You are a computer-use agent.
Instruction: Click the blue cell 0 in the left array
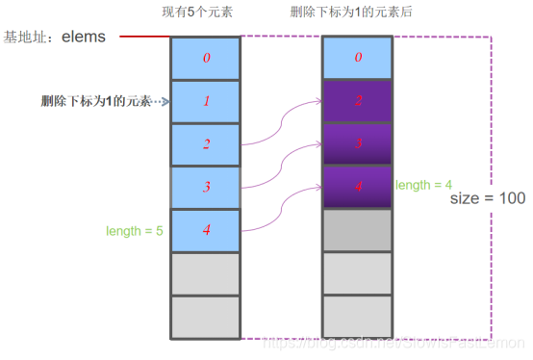(x=205, y=58)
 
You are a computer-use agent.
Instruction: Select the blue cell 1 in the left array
(x=205, y=101)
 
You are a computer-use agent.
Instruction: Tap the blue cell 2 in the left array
(x=205, y=144)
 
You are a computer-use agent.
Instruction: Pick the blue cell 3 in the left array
(x=205, y=188)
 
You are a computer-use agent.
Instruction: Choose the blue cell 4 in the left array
(x=205, y=231)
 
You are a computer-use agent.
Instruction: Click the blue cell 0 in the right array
(x=358, y=58)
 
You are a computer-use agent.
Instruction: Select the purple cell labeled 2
(x=358, y=101)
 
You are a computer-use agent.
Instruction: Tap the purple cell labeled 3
(x=358, y=144)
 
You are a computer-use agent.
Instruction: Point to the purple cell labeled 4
(x=358, y=188)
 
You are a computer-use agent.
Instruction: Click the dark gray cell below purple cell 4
(x=358, y=230)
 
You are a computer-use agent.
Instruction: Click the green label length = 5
(x=135, y=231)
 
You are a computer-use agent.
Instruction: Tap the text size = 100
(x=488, y=198)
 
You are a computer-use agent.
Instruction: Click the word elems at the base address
(x=89, y=38)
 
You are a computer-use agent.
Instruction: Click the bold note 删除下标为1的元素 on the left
(x=96, y=101)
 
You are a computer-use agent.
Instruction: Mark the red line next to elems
(x=144, y=38)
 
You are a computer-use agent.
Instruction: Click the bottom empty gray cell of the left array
(x=205, y=317)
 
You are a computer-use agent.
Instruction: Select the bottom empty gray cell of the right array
(x=358, y=317)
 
